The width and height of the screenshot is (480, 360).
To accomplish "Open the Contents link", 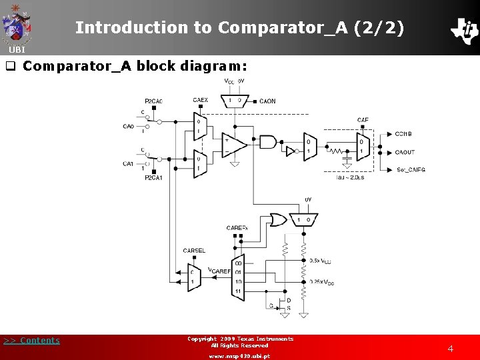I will coord(32,341).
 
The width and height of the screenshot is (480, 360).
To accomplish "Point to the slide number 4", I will coord(450,349).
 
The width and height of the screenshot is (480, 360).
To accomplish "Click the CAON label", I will coord(267,101).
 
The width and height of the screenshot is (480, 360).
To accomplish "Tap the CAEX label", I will coord(200,101).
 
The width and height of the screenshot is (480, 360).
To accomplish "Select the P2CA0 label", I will coord(153,101).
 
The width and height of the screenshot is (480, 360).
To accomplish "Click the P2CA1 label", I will coord(153,177).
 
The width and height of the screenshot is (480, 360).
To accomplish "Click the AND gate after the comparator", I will coord(267,141).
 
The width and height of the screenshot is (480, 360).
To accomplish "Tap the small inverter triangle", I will coord(290,151).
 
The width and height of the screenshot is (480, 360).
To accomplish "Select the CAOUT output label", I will coord(405,152).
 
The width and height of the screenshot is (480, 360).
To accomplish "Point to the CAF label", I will coord(363,121).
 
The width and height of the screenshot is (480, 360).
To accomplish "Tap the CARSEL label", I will coord(194,251).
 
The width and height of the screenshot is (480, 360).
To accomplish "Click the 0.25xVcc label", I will coord(322,283).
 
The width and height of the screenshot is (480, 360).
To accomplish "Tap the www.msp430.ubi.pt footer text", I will coord(239,356).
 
